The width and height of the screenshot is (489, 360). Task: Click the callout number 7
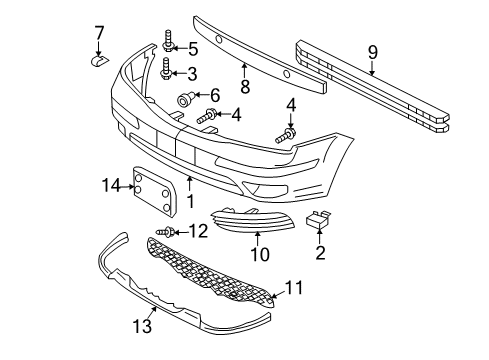pos(99,33)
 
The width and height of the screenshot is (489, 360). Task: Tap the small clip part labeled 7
pos(100,61)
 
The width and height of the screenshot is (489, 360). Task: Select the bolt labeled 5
pos(168,41)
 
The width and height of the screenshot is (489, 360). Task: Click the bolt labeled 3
pos(167,69)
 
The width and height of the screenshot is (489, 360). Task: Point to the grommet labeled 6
pos(184,99)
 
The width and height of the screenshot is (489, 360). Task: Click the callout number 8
pos(245,86)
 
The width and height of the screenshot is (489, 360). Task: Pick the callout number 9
pos(373,53)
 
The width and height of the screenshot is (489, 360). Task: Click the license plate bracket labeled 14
pos(154,193)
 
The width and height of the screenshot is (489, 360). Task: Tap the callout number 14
pos(111,185)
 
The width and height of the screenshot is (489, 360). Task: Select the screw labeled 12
pos(166,232)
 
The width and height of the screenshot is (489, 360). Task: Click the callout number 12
pos(198,231)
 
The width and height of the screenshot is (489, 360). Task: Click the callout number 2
pos(320,253)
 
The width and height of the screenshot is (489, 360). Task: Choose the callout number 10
pos(260,254)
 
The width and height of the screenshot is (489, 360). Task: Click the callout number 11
pos(294,288)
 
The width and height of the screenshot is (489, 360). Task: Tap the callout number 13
pos(142,326)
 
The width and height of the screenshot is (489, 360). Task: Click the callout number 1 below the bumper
pos(190,201)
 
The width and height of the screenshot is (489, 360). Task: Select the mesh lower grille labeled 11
pos(210,272)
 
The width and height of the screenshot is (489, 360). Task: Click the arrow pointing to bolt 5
pos(181,49)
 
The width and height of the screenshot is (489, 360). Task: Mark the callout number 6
pos(215,95)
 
